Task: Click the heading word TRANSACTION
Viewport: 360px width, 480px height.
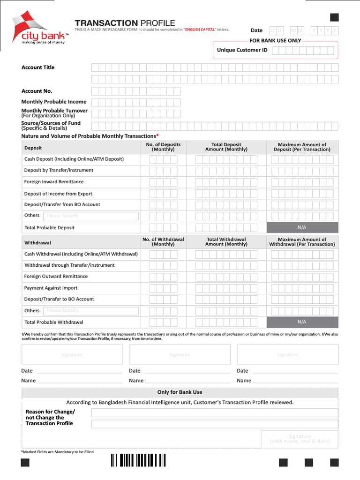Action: [x=106, y=23]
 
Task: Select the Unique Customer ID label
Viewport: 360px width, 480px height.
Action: [x=242, y=50]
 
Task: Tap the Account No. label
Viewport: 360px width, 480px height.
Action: [x=37, y=91]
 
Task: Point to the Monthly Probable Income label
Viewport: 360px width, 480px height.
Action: [x=54, y=102]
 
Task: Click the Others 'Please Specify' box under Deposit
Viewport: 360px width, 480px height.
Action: [x=91, y=216]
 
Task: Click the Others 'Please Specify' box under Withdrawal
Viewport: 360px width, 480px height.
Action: [x=91, y=311]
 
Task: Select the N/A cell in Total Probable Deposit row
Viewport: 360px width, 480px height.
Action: [x=302, y=227]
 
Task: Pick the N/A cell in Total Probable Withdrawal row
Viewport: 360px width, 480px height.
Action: [x=302, y=322]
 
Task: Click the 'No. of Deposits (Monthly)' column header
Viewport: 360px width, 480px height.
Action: [x=163, y=147]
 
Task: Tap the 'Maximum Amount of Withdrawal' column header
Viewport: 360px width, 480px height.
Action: [x=302, y=242]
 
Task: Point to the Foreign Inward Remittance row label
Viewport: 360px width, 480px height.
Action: [x=54, y=182]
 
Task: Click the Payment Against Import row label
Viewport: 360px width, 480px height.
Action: [x=51, y=288]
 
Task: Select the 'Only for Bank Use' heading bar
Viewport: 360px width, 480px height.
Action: [x=180, y=392]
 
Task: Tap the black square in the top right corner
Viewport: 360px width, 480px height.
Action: [x=334, y=18]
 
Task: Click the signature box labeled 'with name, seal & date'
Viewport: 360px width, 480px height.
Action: [x=300, y=439]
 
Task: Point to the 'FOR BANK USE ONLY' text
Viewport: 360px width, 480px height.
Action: [x=275, y=41]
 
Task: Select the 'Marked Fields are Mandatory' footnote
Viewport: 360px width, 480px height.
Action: [x=58, y=452]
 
